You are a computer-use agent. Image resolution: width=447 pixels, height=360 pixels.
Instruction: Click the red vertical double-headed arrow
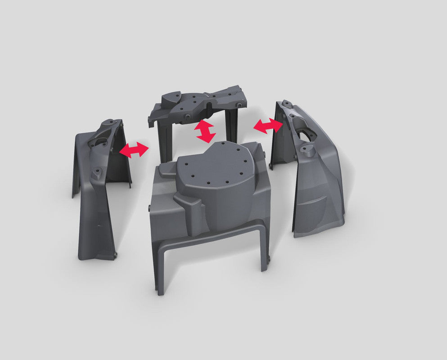pos(205,131)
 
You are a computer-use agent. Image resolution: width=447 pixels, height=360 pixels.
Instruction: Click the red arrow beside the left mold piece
pos(134,150)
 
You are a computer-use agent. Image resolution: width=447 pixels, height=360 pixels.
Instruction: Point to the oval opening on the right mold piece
pos(306,134)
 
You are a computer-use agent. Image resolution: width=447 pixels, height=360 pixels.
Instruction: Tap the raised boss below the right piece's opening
pos(309,151)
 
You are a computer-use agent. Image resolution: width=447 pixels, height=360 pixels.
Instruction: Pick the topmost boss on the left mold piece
pos(109,122)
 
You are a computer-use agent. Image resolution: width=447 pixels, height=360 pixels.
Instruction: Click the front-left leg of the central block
pos(160,270)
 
